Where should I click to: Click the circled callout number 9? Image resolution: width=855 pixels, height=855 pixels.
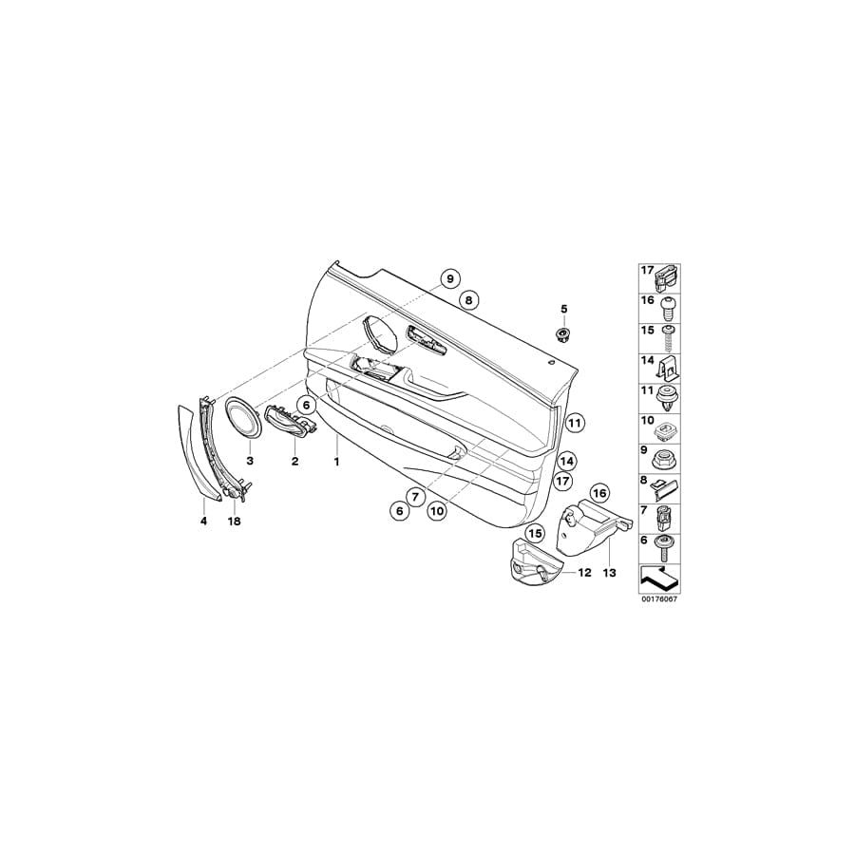pyautogui.click(x=450, y=278)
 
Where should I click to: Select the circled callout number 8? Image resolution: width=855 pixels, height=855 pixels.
pyautogui.click(x=469, y=299)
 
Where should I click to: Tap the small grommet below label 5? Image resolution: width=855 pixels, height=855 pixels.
pyautogui.click(x=562, y=333)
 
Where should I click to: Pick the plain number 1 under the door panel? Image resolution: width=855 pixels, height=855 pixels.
pyautogui.click(x=337, y=462)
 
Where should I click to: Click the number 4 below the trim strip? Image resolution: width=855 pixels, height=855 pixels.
pyautogui.click(x=203, y=522)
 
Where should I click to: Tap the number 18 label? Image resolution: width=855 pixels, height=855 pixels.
pyautogui.click(x=234, y=522)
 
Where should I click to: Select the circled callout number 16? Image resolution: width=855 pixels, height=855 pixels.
pyautogui.click(x=599, y=493)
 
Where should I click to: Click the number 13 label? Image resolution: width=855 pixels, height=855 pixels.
pyautogui.click(x=609, y=573)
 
